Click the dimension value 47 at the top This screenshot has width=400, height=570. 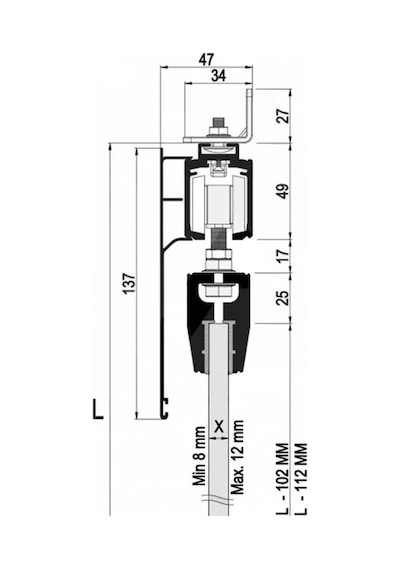[x=206, y=59]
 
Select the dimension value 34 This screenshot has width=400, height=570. [x=219, y=76]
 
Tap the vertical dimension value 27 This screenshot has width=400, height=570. [x=284, y=116]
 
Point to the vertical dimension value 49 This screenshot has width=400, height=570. [x=284, y=191]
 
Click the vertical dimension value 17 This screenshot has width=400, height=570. [x=284, y=255]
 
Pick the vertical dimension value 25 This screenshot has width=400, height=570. [x=284, y=297]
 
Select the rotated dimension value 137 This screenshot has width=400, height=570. [x=129, y=283]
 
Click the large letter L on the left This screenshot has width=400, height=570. [x=97, y=409]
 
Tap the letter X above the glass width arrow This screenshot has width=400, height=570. [x=219, y=426]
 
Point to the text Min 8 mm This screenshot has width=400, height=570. [x=199, y=457]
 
